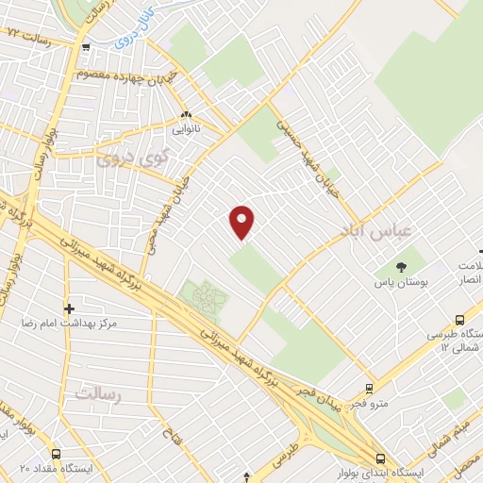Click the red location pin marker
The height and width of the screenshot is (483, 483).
242,222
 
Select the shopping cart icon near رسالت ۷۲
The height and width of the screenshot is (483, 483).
86,47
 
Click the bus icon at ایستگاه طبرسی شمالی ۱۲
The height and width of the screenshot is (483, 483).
459,321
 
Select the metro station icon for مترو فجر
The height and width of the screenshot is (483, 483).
368,388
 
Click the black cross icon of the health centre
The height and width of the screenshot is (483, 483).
68,308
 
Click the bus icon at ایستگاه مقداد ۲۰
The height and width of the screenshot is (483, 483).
55,453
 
